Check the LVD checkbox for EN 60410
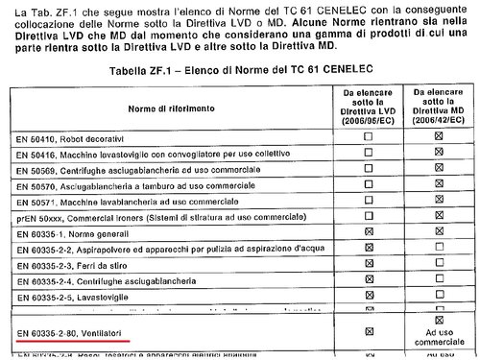pyautogui.click(x=369, y=137)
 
